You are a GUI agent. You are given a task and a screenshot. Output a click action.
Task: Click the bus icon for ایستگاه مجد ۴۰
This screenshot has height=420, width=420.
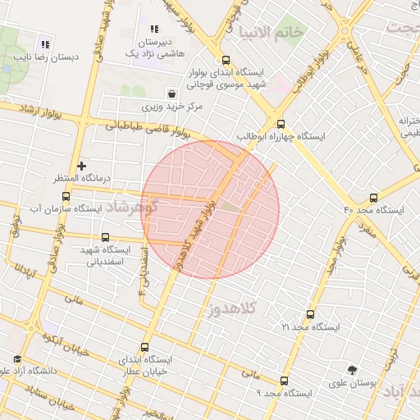coord(375,198)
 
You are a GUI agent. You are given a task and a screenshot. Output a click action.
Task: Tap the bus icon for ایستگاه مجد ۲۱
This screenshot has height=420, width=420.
coord(309,314)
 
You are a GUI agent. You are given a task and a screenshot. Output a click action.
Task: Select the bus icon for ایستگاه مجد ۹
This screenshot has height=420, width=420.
coord(284,381)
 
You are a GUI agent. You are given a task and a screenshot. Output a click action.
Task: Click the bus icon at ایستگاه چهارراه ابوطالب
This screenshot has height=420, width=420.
coord(281,124)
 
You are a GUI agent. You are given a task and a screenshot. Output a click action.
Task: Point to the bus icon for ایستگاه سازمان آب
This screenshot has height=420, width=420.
coord(66,196)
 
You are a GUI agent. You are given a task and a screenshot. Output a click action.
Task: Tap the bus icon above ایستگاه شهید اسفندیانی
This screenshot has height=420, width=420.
coord(105,237)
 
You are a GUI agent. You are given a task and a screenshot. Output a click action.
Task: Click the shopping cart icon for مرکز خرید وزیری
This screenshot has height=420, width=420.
coord(171,94)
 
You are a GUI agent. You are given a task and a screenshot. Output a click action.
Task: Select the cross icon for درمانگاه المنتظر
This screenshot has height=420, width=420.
coord(81,166)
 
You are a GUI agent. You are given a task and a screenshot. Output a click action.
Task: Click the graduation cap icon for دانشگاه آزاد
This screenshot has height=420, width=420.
coord(17,359)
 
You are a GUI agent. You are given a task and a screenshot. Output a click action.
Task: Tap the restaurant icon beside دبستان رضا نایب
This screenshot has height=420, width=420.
coord(44,44)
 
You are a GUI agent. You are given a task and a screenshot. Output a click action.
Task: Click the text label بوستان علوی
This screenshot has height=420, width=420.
coord(352,383)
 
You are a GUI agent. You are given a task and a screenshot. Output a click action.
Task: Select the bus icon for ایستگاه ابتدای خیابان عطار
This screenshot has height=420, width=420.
coord(145,347)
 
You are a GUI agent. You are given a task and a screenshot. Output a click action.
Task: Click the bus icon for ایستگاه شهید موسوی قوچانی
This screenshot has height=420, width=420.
coord(226,59)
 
